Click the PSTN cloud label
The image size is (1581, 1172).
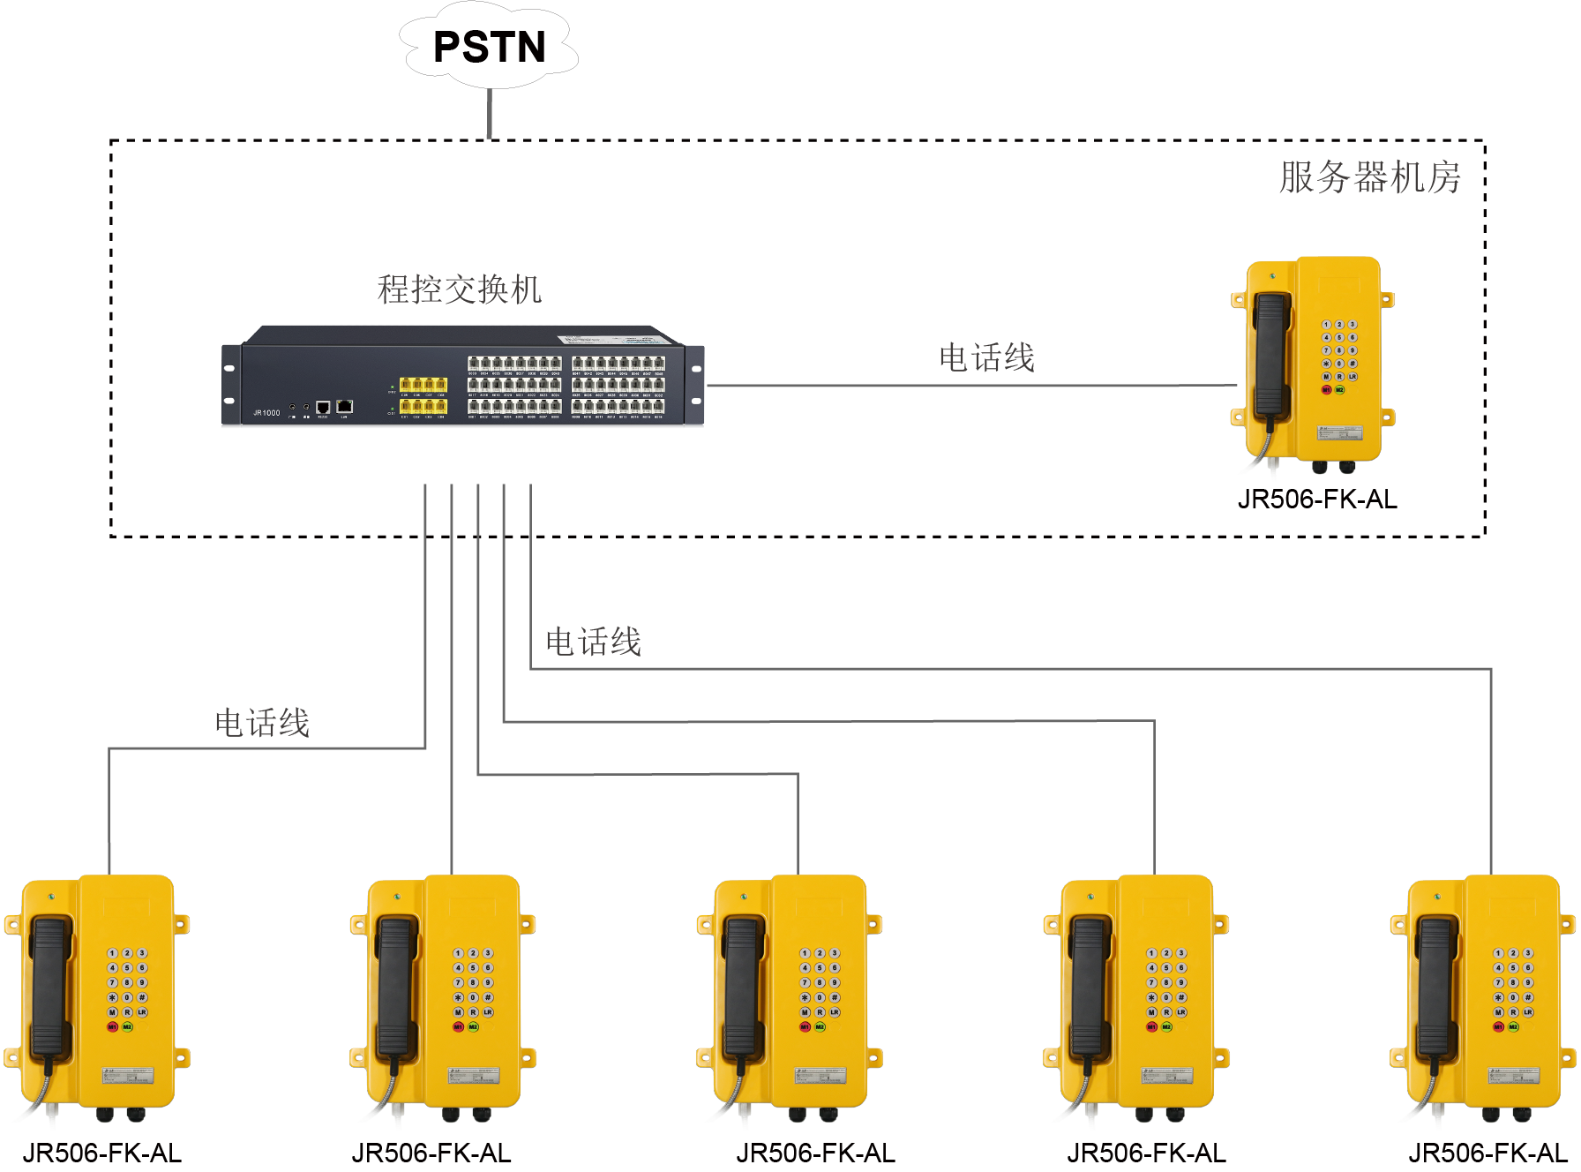pyautogui.click(x=490, y=47)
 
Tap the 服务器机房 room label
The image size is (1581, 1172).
pyautogui.click(x=1369, y=177)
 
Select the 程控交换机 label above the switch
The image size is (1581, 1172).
pyautogui.click(x=459, y=289)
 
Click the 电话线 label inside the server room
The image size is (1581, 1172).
pyautogui.click(x=985, y=358)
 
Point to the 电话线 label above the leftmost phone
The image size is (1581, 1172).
pyautogui.click(x=262, y=724)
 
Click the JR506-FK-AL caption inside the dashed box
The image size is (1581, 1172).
pyautogui.click(x=1316, y=500)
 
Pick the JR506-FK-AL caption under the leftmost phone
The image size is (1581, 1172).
pyautogui.click(x=102, y=1153)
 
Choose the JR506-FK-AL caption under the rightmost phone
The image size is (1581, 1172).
pyautogui.click(x=1487, y=1153)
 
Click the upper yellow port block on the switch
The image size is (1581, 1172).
pyautogui.click(x=423, y=385)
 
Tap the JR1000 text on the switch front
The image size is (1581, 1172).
pyautogui.click(x=266, y=413)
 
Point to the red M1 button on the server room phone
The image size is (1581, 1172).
pyautogui.click(x=1326, y=389)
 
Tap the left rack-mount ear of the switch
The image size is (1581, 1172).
pyautogui.click(x=230, y=385)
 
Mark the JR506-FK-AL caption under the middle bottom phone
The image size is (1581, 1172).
pyautogui.click(x=815, y=1153)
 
